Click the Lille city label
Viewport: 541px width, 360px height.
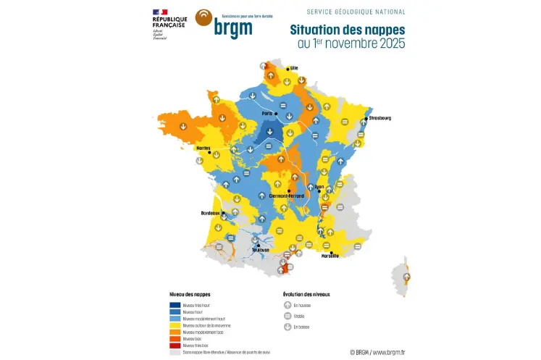(x=294, y=68)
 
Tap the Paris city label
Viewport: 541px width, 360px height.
(x=267, y=113)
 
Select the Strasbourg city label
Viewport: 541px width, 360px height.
(x=379, y=117)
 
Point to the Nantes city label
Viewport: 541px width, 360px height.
(x=204, y=148)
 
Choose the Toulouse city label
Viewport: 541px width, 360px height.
(x=261, y=250)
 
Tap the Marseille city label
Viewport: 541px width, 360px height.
(x=329, y=256)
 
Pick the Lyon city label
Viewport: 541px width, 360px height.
(x=319, y=186)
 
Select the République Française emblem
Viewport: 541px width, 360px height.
(x=161, y=12)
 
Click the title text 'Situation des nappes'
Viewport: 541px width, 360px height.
(x=347, y=30)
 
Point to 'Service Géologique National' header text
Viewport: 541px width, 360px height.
(x=356, y=12)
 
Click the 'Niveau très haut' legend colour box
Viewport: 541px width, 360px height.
(x=175, y=306)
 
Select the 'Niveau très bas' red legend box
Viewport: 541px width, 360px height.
(x=175, y=346)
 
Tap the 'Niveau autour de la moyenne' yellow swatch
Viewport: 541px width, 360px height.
(x=175, y=325)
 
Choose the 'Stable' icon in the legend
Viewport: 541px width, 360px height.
(x=288, y=317)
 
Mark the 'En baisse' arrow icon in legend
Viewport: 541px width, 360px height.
(x=288, y=327)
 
